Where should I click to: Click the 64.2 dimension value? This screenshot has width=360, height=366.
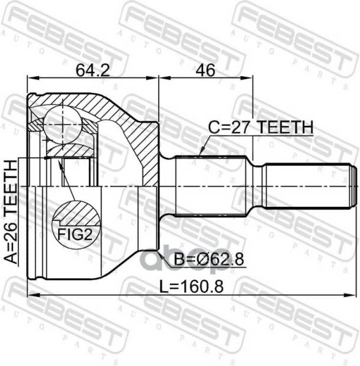(x=93, y=70)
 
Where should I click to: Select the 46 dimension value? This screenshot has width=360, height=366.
(x=205, y=70)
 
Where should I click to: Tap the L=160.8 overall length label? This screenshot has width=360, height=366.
(x=191, y=286)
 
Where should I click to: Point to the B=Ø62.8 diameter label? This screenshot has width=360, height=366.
(x=209, y=259)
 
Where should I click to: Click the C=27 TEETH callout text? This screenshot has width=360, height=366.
(x=260, y=127)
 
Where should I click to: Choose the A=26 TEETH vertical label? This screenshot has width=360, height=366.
(x=11, y=212)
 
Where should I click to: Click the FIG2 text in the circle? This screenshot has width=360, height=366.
(x=75, y=234)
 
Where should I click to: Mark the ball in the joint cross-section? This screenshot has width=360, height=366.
(x=63, y=125)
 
